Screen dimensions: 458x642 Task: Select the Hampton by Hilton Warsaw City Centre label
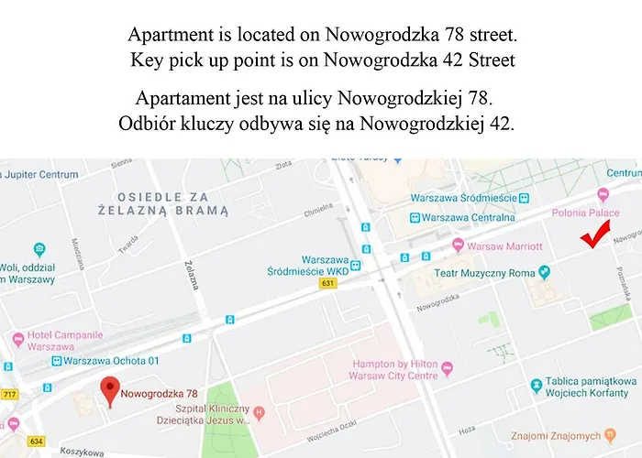pyautogui.click(x=396, y=369)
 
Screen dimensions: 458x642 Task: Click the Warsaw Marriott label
pyautogui.click(x=504, y=246)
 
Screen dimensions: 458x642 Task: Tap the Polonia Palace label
pyautogui.click(x=586, y=213)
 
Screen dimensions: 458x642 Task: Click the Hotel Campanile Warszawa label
pyautogui.click(x=64, y=341)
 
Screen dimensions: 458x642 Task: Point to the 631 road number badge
pyautogui.click(x=327, y=282)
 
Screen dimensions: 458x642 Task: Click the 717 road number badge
pyautogui.click(x=11, y=395)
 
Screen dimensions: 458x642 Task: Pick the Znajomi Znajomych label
pyautogui.click(x=561, y=434)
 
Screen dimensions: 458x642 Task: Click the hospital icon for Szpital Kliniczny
pyautogui.click(x=259, y=413)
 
